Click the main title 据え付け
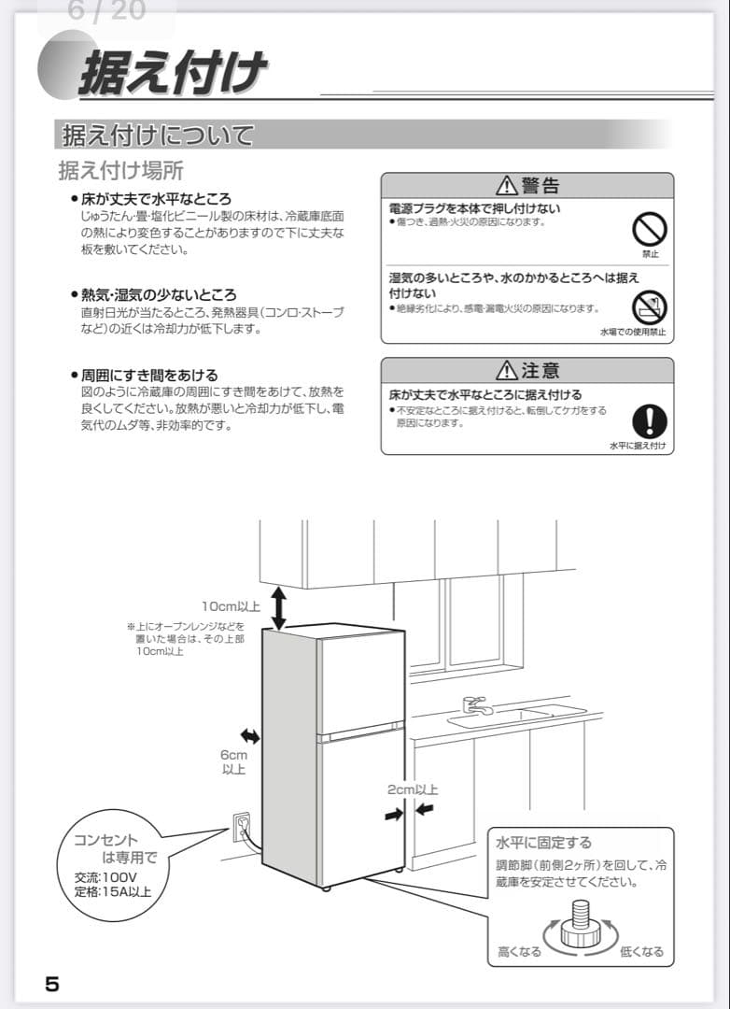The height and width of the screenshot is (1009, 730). click(173, 72)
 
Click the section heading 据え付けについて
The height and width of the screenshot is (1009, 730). click(157, 135)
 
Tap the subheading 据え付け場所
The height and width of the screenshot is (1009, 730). click(120, 171)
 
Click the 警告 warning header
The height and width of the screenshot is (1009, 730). click(527, 185)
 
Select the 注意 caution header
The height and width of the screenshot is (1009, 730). click(527, 370)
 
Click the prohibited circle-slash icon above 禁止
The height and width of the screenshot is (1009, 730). click(650, 228)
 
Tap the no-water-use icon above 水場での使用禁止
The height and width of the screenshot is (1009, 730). click(649, 306)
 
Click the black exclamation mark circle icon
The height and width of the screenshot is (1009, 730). click(649, 420)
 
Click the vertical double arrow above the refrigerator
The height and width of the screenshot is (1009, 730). click(279, 607)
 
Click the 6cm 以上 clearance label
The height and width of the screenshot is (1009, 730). click(233, 762)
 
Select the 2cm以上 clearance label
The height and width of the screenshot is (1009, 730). click(412, 789)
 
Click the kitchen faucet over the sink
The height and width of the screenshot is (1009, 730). click(476, 704)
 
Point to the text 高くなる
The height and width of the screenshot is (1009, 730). click(519, 952)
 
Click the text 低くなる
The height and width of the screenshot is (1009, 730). click(641, 952)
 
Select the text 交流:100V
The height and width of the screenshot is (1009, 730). click(105, 877)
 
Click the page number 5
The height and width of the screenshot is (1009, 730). click(52, 984)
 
